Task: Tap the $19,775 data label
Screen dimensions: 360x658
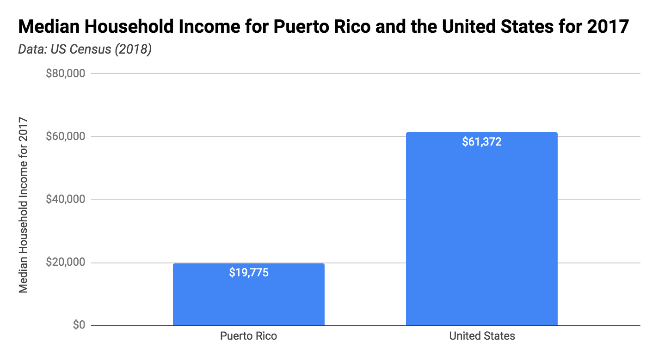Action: click(x=249, y=273)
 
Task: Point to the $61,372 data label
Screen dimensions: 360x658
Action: click(x=481, y=142)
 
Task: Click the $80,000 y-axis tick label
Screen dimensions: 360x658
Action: click(x=66, y=73)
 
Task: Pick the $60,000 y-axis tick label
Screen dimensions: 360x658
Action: click(x=66, y=136)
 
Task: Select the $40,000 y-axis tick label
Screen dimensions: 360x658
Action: click(x=66, y=199)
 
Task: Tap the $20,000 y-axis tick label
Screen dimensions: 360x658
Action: click(x=66, y=262)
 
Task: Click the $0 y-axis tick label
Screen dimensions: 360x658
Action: click(x=79, y=325)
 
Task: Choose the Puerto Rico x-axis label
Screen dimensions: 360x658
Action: click(x=248, y=336)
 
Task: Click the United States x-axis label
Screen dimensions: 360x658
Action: click(x=482, y=336)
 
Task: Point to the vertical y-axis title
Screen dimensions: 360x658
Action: click(x=24, y=206)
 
